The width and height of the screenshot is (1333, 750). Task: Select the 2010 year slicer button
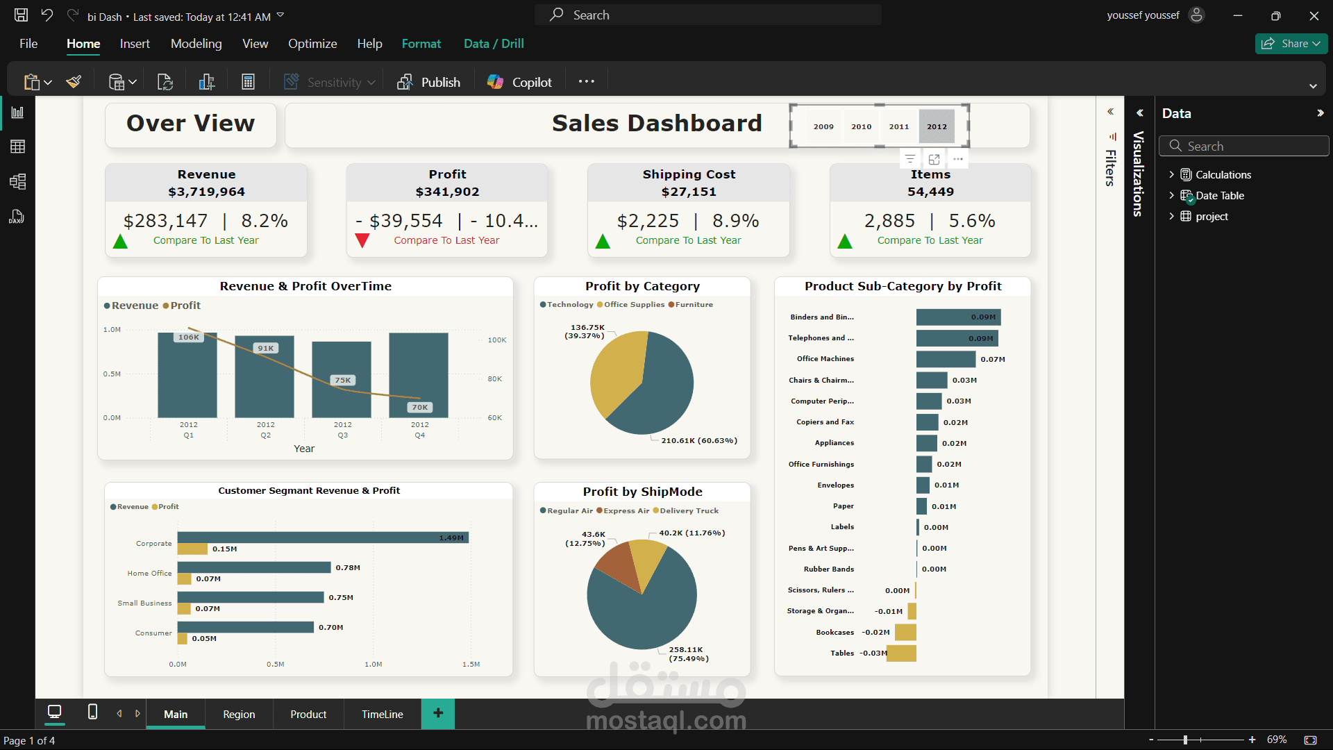(x=861, y=126)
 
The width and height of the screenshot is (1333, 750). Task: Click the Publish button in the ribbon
(x=428, y=82)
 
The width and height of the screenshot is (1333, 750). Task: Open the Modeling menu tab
(x=196, y=44)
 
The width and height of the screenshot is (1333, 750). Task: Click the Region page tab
(x=239, y=714)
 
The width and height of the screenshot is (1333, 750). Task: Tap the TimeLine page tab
(x=382, y=714)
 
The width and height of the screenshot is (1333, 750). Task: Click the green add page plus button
(x=438, y=713)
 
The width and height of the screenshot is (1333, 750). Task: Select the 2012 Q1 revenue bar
(x=187, y=375)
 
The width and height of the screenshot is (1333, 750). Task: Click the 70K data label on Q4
(x=419, y=408)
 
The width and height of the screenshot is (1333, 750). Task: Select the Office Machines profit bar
(x=946, y=359)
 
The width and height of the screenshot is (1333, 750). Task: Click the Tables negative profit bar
(x=901, y=653)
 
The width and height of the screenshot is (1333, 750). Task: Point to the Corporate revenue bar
(x=323, y=537)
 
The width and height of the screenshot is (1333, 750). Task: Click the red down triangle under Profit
(x=362, y=241)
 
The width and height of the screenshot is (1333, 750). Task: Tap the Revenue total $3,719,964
(x=206, y=192)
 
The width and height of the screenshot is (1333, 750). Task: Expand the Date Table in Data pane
(x=1172, y=195)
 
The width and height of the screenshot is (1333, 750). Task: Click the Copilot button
(x=519, y=82)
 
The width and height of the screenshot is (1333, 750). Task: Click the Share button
(x=1291, y=44)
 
